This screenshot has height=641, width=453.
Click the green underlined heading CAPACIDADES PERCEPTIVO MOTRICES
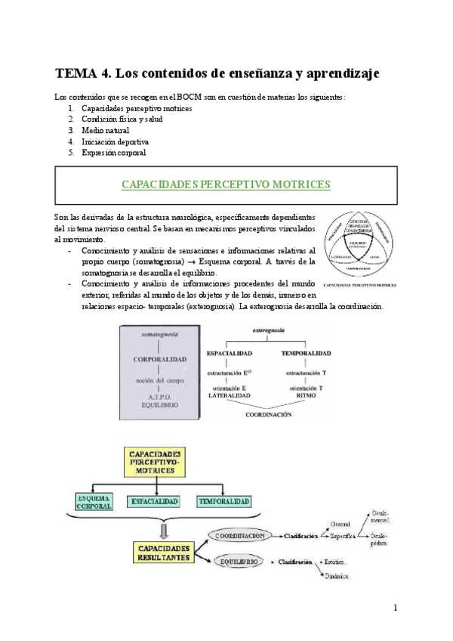[x=226, y=184]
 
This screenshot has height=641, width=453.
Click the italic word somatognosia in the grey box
[x=159, y=333]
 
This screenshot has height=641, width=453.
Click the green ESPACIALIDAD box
[x=154, y=501]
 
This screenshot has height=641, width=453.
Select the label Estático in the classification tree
[x=336, y=562]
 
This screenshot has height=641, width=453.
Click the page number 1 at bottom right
[x=396, y=607]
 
